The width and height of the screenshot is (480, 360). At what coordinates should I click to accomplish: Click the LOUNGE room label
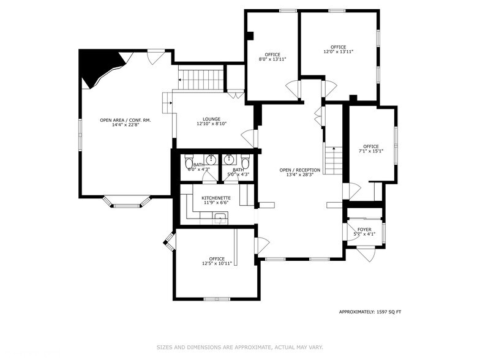pyautogui.click(x=212, y=119)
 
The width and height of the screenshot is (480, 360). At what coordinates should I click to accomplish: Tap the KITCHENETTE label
pyautogui.click(x=216, y=198)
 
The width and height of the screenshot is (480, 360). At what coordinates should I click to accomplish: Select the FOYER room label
pyautogui.click(x=364, y=230)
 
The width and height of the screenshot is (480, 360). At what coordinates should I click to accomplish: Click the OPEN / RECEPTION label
pyautogui.click(x=300, y=170)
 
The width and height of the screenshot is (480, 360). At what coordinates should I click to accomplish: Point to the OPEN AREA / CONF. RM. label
pyautogui.click(x=126, y=120)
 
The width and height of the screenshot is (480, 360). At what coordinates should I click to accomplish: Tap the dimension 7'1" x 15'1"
pyautogui.click(x=371, y=151)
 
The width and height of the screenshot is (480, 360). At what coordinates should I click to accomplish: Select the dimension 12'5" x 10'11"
pyautogui.click(x=217, y=264)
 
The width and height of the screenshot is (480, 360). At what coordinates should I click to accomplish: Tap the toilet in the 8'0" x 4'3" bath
pyautogui.click(x=189, y=163)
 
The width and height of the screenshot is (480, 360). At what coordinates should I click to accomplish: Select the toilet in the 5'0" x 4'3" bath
pyautogui.click(x=246, y=163)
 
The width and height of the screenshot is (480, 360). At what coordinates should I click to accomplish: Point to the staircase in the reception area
pyautogui.click(x=332, y=160)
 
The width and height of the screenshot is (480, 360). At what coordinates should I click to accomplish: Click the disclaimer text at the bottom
pyautogui.click(x=239, y=347)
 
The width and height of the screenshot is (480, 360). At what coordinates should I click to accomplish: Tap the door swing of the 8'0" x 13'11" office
pyautogui.click(x=293, y=89)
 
